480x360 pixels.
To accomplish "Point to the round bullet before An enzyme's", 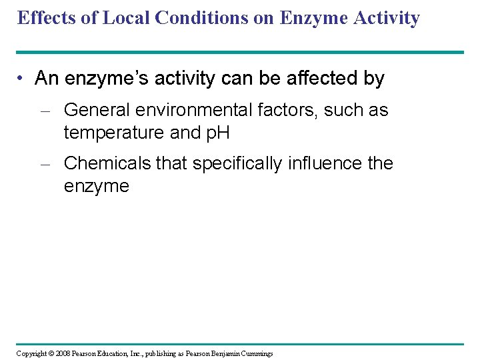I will pyautogui.click(x=22, y=79).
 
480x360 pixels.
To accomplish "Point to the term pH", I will pyautogui.click(x=217, y=133).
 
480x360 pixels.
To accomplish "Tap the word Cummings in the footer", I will pyautogui.click(x=257, y=353).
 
